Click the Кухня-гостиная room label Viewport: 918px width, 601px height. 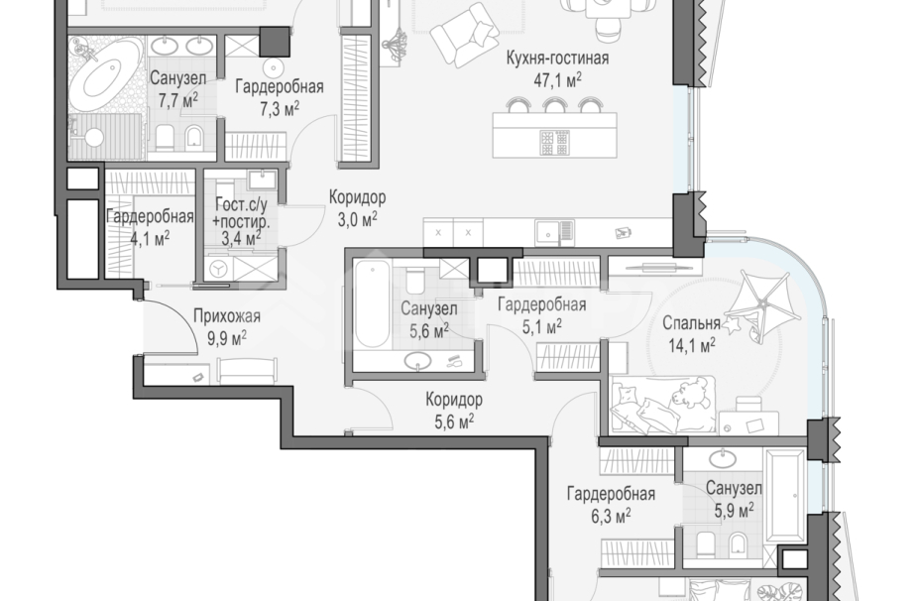click(x=557, y=58)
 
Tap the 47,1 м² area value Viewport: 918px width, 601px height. click(x=557, y=79)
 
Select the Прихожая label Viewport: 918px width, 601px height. click(x=227, y=317)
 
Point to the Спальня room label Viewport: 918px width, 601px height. click(x=691, y=323)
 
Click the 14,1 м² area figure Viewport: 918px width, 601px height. click(x=691, y=345)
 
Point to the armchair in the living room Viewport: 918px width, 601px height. click(x=465, y=35)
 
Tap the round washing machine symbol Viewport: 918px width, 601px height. click(x=218, y=269)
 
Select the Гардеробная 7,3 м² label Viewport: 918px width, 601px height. click(x=280, y=97)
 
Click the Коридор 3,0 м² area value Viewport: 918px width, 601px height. click(x=357, y=219)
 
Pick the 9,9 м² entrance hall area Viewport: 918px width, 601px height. click(x=227, y=338)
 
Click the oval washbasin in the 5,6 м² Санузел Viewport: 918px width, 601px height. click(x=418, y=361)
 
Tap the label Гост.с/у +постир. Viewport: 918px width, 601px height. click(x=241, y=213)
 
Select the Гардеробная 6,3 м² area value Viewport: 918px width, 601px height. click(x=611, y=516)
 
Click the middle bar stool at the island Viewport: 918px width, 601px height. click(x=553, y=105)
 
